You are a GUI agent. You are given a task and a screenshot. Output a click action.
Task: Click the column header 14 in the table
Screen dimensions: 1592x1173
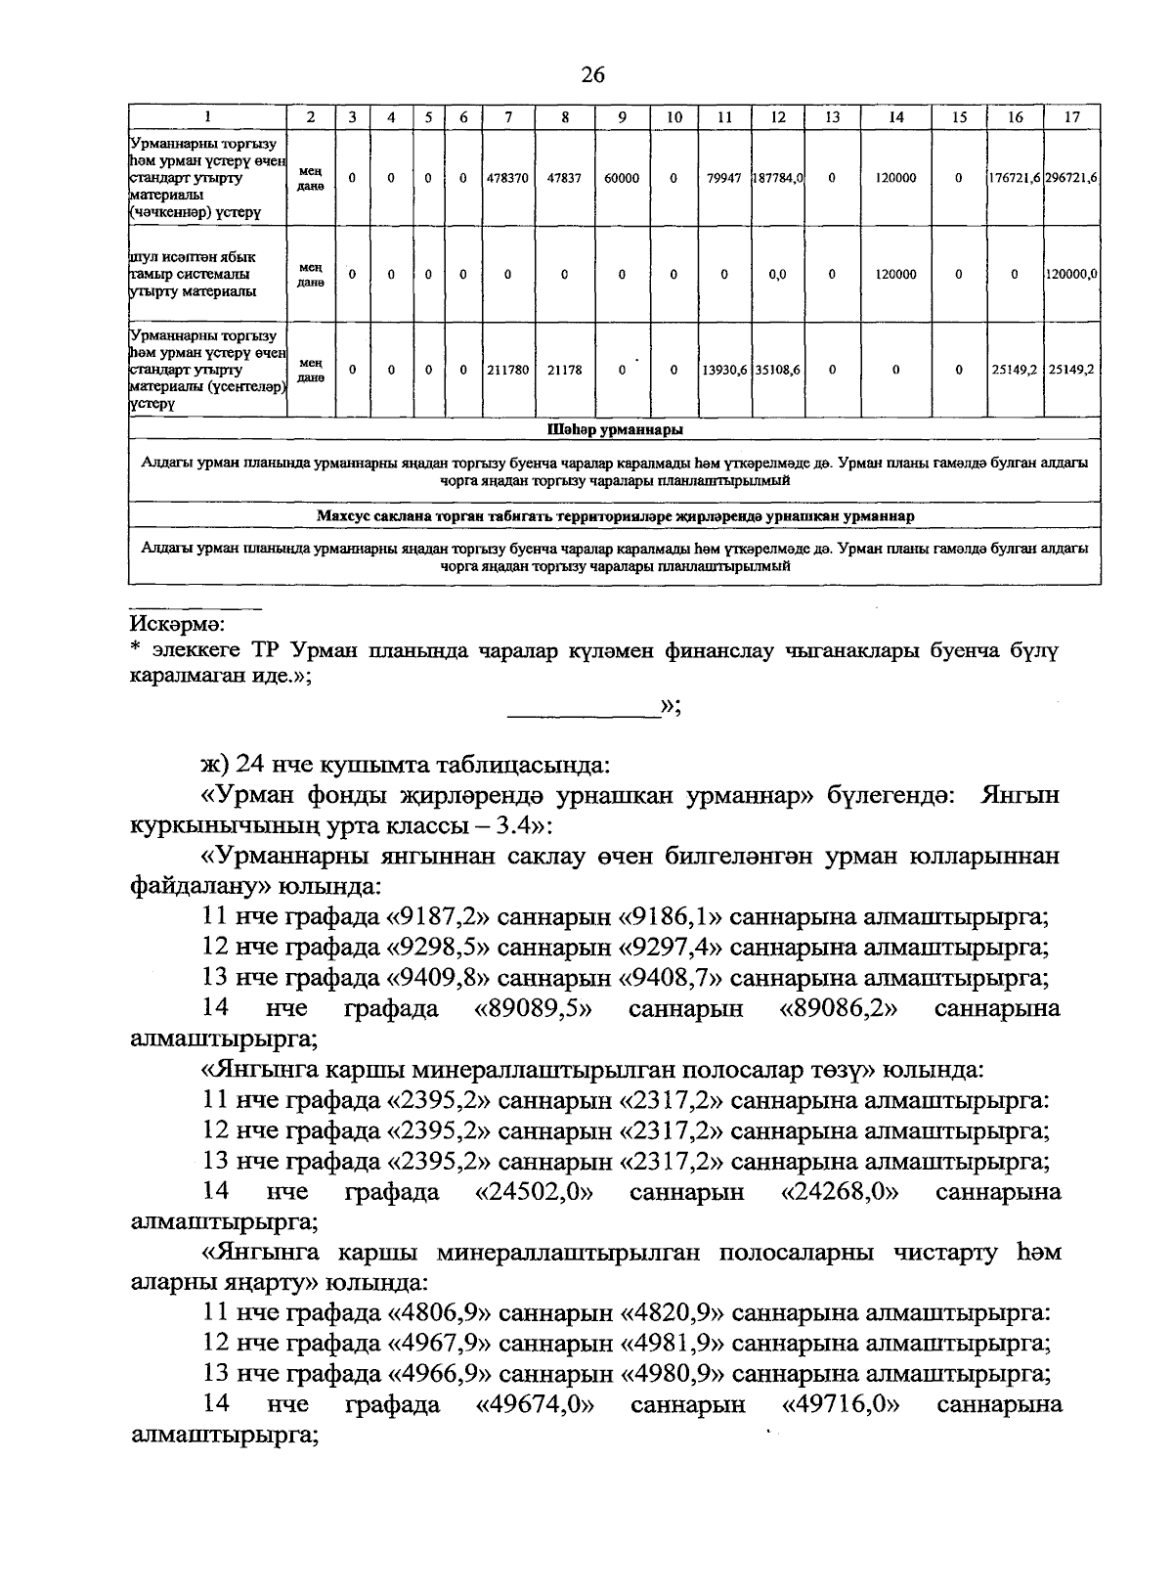[x=895, y=117]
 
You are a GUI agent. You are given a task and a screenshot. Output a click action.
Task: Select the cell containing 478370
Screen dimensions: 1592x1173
[x=508, y=179]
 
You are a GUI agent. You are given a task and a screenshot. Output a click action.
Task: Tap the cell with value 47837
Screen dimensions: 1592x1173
[x=565, y=179]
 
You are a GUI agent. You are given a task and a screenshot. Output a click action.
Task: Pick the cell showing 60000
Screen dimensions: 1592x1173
[x=623, y=179]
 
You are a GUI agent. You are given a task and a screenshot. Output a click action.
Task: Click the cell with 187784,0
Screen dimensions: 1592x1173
[x=778, y=179]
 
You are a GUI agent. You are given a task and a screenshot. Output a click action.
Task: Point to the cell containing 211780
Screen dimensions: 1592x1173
[x=508, y=371]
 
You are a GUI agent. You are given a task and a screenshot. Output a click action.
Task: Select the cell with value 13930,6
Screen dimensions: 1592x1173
[x=723, y=371]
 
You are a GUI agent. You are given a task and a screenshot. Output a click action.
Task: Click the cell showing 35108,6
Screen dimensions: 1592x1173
[x=778, y=371]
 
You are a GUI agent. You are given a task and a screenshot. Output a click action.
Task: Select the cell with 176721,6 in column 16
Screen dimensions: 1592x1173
[x=1015, y=179]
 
